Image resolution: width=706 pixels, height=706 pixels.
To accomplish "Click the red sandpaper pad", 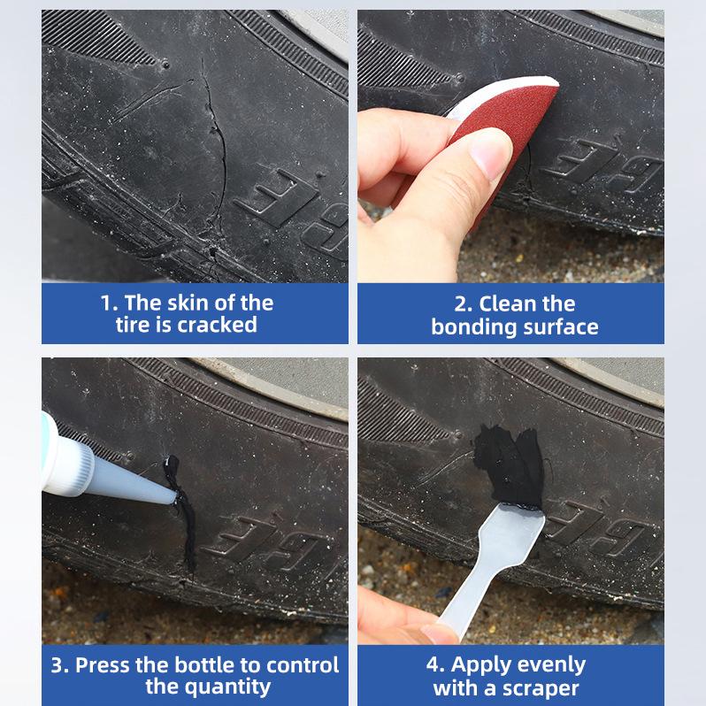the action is click(x=509, y=121).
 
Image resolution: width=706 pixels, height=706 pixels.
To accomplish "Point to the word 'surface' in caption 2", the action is click(x=559, y=327).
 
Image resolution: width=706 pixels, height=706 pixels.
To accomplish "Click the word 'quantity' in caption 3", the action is click(x=227, y=688).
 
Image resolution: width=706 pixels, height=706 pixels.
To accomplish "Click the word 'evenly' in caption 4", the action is click(x=552, y=665).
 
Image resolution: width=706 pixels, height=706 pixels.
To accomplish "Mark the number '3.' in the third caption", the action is click(x=60, y=665).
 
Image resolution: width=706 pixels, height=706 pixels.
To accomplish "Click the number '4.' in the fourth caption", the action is click(x=436, y=664).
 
